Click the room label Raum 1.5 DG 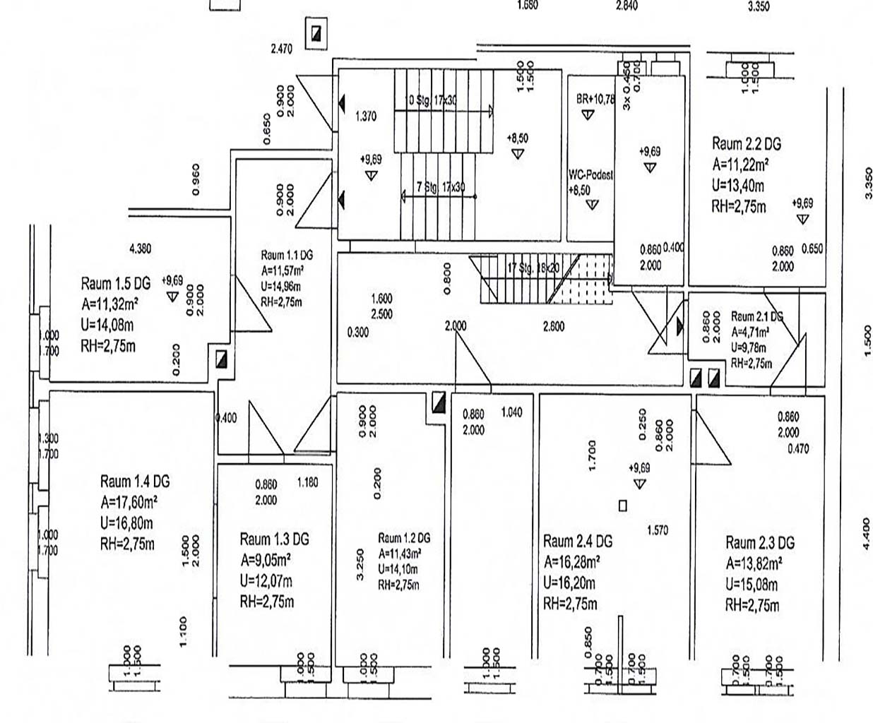click(116, 284)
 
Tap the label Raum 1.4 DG click(135, 482)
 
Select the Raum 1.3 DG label click(274, 539)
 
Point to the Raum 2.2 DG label click(747, 144)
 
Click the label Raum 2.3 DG click(760, 543)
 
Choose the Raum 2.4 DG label click(578, 542)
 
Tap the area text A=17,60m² click(129, 503)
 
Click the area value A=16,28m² click(572, 563)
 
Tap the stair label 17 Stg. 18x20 click(533, 268)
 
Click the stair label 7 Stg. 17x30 click(441, 187)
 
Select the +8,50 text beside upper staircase click(518, 139)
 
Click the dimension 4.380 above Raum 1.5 click(140, 249)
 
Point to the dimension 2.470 click(281, 49)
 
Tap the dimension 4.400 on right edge click(867, 532)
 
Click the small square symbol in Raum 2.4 click(622, 506)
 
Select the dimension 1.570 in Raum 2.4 click(658, 530)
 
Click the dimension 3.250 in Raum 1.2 click(361, 565)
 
